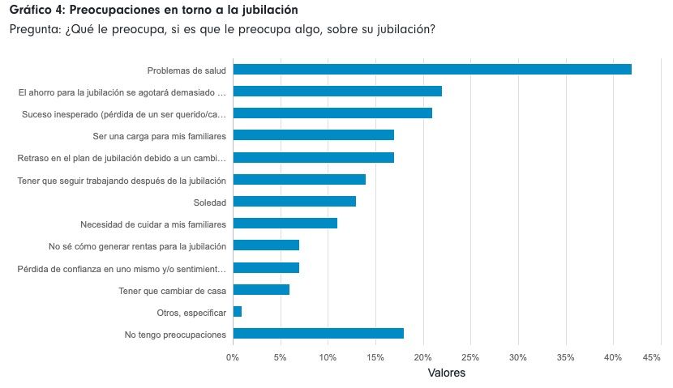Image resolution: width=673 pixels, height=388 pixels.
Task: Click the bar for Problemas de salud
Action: pyautogui.click(x=431, y=70)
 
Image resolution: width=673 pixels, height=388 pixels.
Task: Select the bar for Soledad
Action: pyautogui.click(x=294, y=201)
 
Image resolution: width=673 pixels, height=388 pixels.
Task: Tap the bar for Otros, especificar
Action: pyautogui.click(x=238, y=311)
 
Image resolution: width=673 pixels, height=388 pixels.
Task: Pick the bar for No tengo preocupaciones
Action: pyautogui.click(x=318, y=333)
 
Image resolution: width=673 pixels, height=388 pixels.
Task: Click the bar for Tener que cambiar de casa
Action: pyautogui.click(x=261, y=289)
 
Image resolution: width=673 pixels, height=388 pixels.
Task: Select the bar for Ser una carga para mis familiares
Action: pyautogui.click(x=313, y=135)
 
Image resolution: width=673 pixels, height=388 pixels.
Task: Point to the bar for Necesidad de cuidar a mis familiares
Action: pyautogui.click(x=285, y=223)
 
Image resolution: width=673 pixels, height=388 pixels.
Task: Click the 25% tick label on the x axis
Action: pyautogui.click(x=470, y=357)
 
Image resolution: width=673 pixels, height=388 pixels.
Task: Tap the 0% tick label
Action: pyautogui.click(x=233, y=357)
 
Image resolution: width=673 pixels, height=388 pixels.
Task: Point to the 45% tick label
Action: pyautogui.click(x=652, y=357)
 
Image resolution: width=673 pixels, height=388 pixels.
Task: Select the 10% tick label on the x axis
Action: pyautogui.click(x=328, y=357)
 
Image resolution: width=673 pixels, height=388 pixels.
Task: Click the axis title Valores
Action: pyautogui.click(x=446, y=373)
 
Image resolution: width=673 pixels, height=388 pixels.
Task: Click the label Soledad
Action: pyautogui.click(x=209, y=202)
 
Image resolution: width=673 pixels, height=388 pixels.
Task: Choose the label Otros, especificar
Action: pyautogui.click(x=191, y=312)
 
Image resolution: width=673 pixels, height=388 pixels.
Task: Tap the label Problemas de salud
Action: pyautogui.click(x=186, y=70)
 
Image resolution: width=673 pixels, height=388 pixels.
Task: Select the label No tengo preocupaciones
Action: pyautogui.click(x=175, y=334)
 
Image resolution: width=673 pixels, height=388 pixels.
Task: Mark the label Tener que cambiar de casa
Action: pyautogui.click(x=172, y=290)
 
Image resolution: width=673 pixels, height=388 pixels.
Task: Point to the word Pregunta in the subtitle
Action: pyautogui.click(x=33, y=30)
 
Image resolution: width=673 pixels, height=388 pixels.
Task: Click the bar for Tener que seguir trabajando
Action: pyautogui.click(x=299, y=179)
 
